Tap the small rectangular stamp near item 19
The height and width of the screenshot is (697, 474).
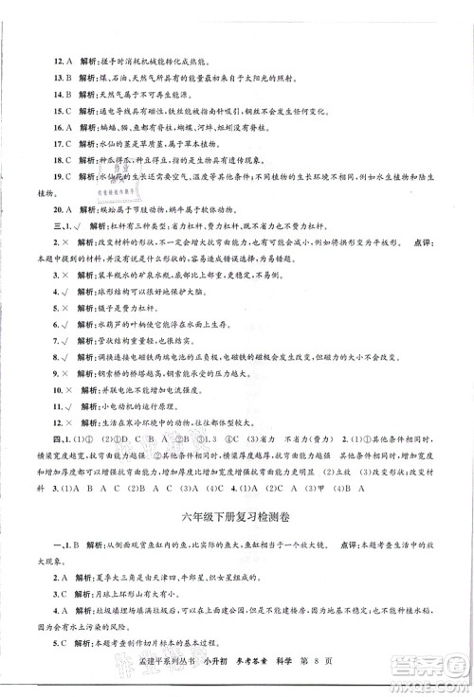[113, 188]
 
